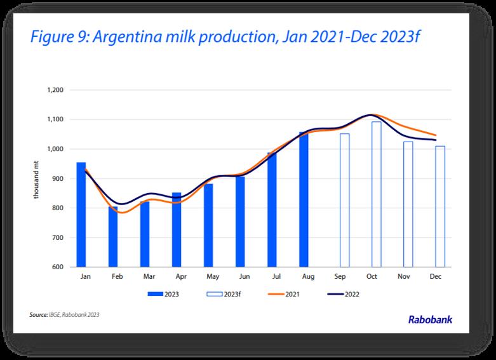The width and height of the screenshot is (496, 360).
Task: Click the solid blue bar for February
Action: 113,236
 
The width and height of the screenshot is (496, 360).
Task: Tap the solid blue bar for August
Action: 304,199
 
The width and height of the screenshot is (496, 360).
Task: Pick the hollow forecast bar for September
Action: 344,201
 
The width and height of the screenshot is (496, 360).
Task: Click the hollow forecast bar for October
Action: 377,194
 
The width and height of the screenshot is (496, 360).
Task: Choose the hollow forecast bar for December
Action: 440,207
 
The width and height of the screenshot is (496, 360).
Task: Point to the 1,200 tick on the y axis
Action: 55,90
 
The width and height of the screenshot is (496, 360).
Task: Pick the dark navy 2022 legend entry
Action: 345,294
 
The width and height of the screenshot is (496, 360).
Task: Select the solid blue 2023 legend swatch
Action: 156,294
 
